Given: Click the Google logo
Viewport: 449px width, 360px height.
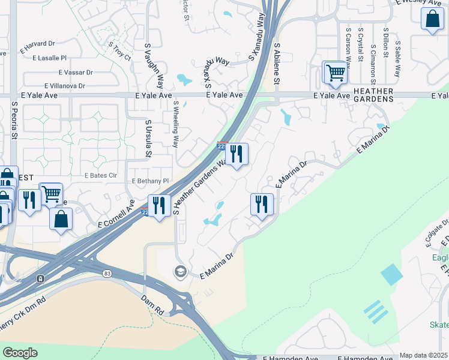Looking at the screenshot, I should (x=20, y=353).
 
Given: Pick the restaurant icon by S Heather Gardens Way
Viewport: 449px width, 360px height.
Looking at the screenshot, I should (x=237, y=154).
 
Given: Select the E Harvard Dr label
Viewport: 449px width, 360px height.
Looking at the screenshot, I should (x=37, y=43).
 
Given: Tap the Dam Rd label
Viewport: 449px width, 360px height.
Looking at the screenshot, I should (x=152, y=305).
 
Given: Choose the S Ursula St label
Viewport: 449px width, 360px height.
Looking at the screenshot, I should (x=148, y=139).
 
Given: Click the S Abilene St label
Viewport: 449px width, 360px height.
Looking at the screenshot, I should (x=278, y=62).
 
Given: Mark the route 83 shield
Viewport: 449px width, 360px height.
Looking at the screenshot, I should (x=107, y=274).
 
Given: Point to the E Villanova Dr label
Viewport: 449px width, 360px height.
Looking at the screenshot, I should (x=68, y=86).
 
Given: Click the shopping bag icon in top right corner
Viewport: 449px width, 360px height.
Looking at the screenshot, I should (x=432, y=19).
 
